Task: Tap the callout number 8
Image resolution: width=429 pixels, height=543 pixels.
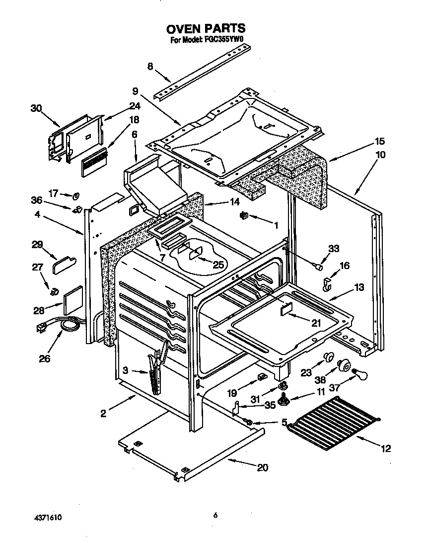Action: tap(150, 67)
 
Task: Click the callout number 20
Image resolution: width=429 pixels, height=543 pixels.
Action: tap(263, 467)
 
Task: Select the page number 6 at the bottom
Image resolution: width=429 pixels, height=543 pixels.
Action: tap(215, 516)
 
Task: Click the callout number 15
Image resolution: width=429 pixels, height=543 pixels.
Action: tap(379, 141)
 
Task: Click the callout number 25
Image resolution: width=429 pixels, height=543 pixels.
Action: tap(218, 265)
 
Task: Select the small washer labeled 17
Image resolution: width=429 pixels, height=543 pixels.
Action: tap(77, 194)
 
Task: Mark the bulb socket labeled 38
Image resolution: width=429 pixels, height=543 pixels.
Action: tap(342, 366)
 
